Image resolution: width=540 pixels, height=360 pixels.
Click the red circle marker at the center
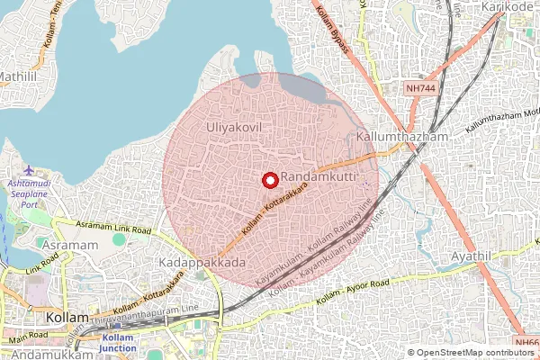[268, 180]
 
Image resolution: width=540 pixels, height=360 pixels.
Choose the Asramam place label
[68, 246]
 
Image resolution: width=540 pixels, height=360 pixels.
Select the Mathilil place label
[18, 77]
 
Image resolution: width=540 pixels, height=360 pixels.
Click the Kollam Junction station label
[118, 343]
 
